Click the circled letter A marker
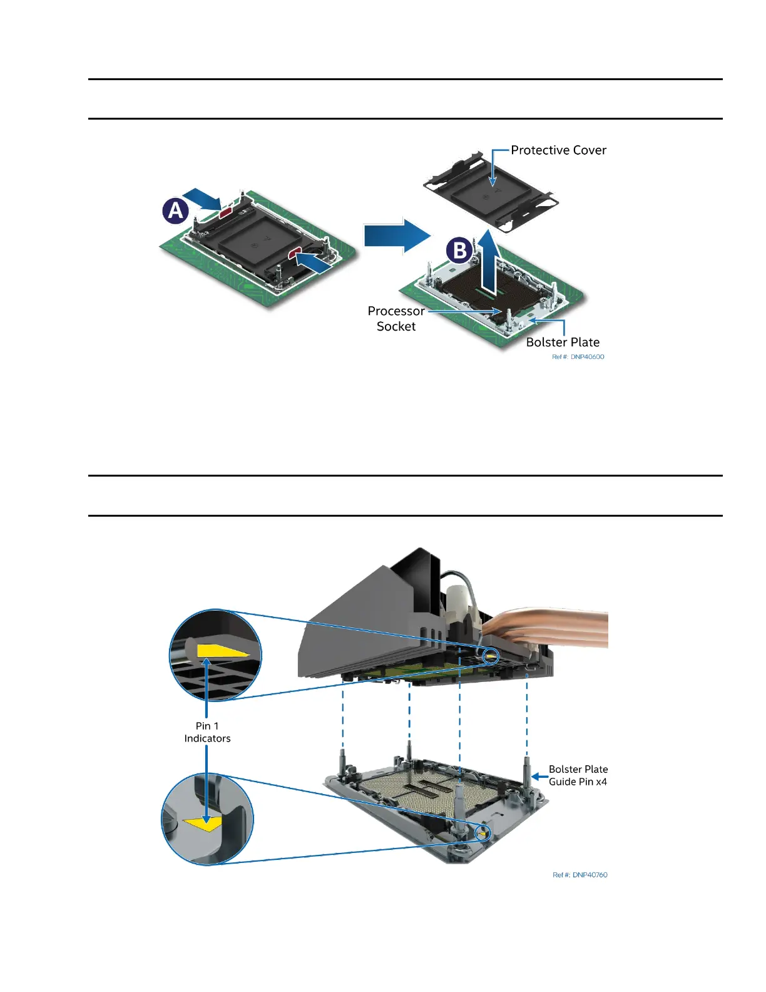176,210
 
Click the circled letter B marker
459,251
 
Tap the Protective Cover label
558,150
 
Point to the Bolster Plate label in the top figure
563,342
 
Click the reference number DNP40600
578,357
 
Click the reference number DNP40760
580,875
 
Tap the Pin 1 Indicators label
207,732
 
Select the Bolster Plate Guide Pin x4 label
578,775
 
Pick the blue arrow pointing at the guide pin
539,777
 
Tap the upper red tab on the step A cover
225,212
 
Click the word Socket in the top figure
396,326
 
